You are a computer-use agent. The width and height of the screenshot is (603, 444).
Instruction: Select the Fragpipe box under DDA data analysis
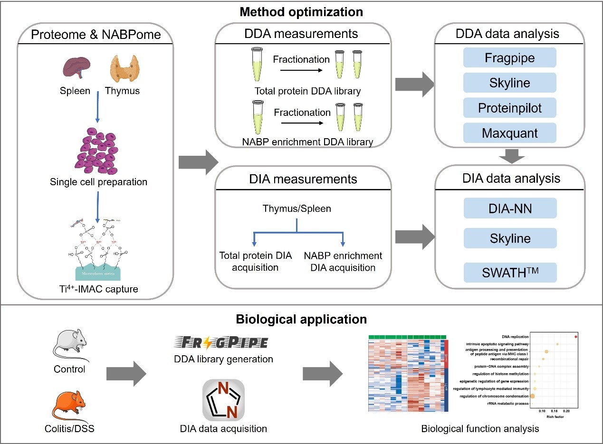pyautogui.click(x=510, y=57)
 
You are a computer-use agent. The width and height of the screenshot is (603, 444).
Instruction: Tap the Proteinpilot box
pyautogui.click(x=510, y=108)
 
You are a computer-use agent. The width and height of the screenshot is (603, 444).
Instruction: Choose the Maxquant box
pyautogui.click(x=510, y=133)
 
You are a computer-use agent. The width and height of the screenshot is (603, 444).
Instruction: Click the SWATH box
pyautogui.click(x=510, y=273)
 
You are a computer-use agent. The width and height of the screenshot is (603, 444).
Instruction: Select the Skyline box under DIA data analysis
pyautogui.click(x=510, y=238)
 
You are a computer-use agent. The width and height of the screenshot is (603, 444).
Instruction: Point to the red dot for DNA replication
pyautogui.click(x=576, y=337)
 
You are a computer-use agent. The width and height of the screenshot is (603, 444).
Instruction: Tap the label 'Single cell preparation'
pyautogui.click(x=99, y=182)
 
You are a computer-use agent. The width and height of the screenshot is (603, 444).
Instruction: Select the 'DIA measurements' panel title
pyautogui.click(x=303, y=179)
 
